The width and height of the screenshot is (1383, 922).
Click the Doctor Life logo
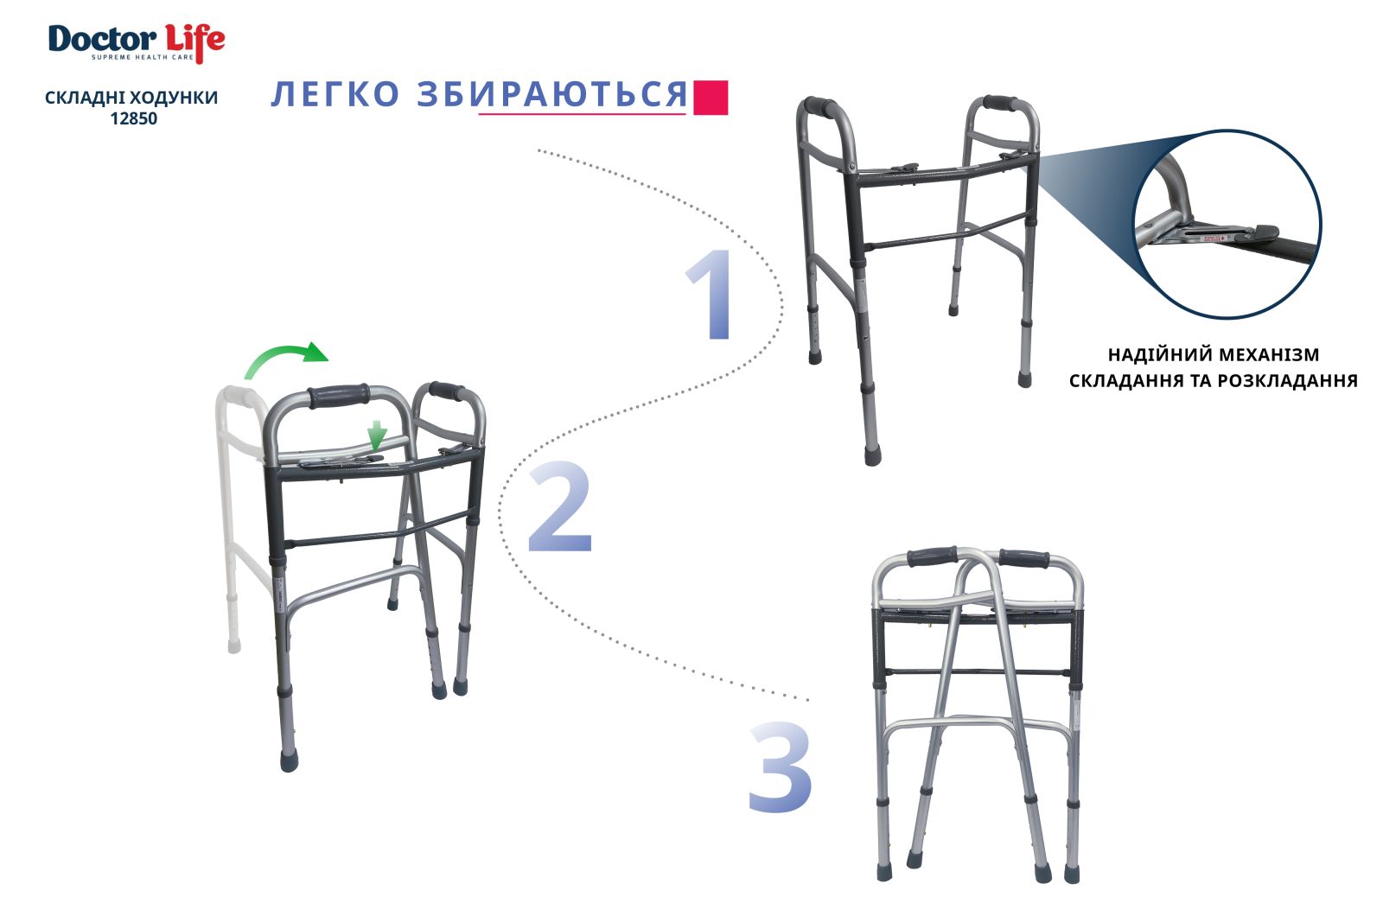coord(137,43)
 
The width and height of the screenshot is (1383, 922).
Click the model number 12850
coord(133,118)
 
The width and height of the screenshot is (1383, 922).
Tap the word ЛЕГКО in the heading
coord(335,94)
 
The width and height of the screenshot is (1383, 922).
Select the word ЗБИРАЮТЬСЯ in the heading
coord(552,94)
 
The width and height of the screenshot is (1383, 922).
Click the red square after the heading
coord(711,98)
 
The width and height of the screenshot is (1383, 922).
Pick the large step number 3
coord(780,767)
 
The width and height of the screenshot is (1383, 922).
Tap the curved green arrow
coord(285,357)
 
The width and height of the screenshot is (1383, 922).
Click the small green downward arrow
coord(377,436)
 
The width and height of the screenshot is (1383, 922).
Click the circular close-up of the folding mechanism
coord(1227,224)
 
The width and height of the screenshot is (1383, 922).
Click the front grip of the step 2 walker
coord(339,396)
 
